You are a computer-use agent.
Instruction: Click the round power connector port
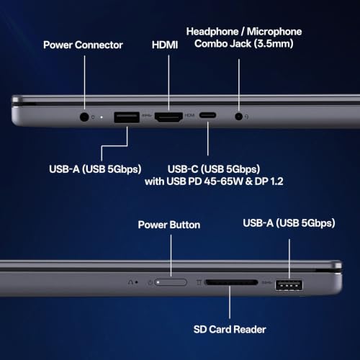click(84, 117)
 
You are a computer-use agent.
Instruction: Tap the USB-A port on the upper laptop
click(127, 117)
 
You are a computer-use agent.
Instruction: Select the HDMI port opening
click(168, 117)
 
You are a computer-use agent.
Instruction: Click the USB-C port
click(207, 115)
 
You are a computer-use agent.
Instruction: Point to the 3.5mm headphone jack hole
click(238, 117)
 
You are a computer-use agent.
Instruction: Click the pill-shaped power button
click(171, 282)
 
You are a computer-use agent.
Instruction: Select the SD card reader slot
click(231, 282)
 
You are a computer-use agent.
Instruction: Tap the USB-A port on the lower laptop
click(289, 285)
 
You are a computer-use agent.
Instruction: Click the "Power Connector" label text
click(83, 45)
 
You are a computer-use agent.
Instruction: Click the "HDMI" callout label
click(165, 45)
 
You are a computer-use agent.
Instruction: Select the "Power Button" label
click(169, 225)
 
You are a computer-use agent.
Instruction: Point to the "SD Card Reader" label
click(230, 329)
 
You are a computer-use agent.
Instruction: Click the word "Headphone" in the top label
click(212, 32)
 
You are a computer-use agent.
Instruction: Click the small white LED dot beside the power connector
click(102, 117)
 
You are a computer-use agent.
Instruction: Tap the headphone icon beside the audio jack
click(246, 117)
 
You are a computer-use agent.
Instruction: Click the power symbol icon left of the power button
click(150, 282)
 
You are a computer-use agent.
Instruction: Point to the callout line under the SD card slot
click(230, 302)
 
